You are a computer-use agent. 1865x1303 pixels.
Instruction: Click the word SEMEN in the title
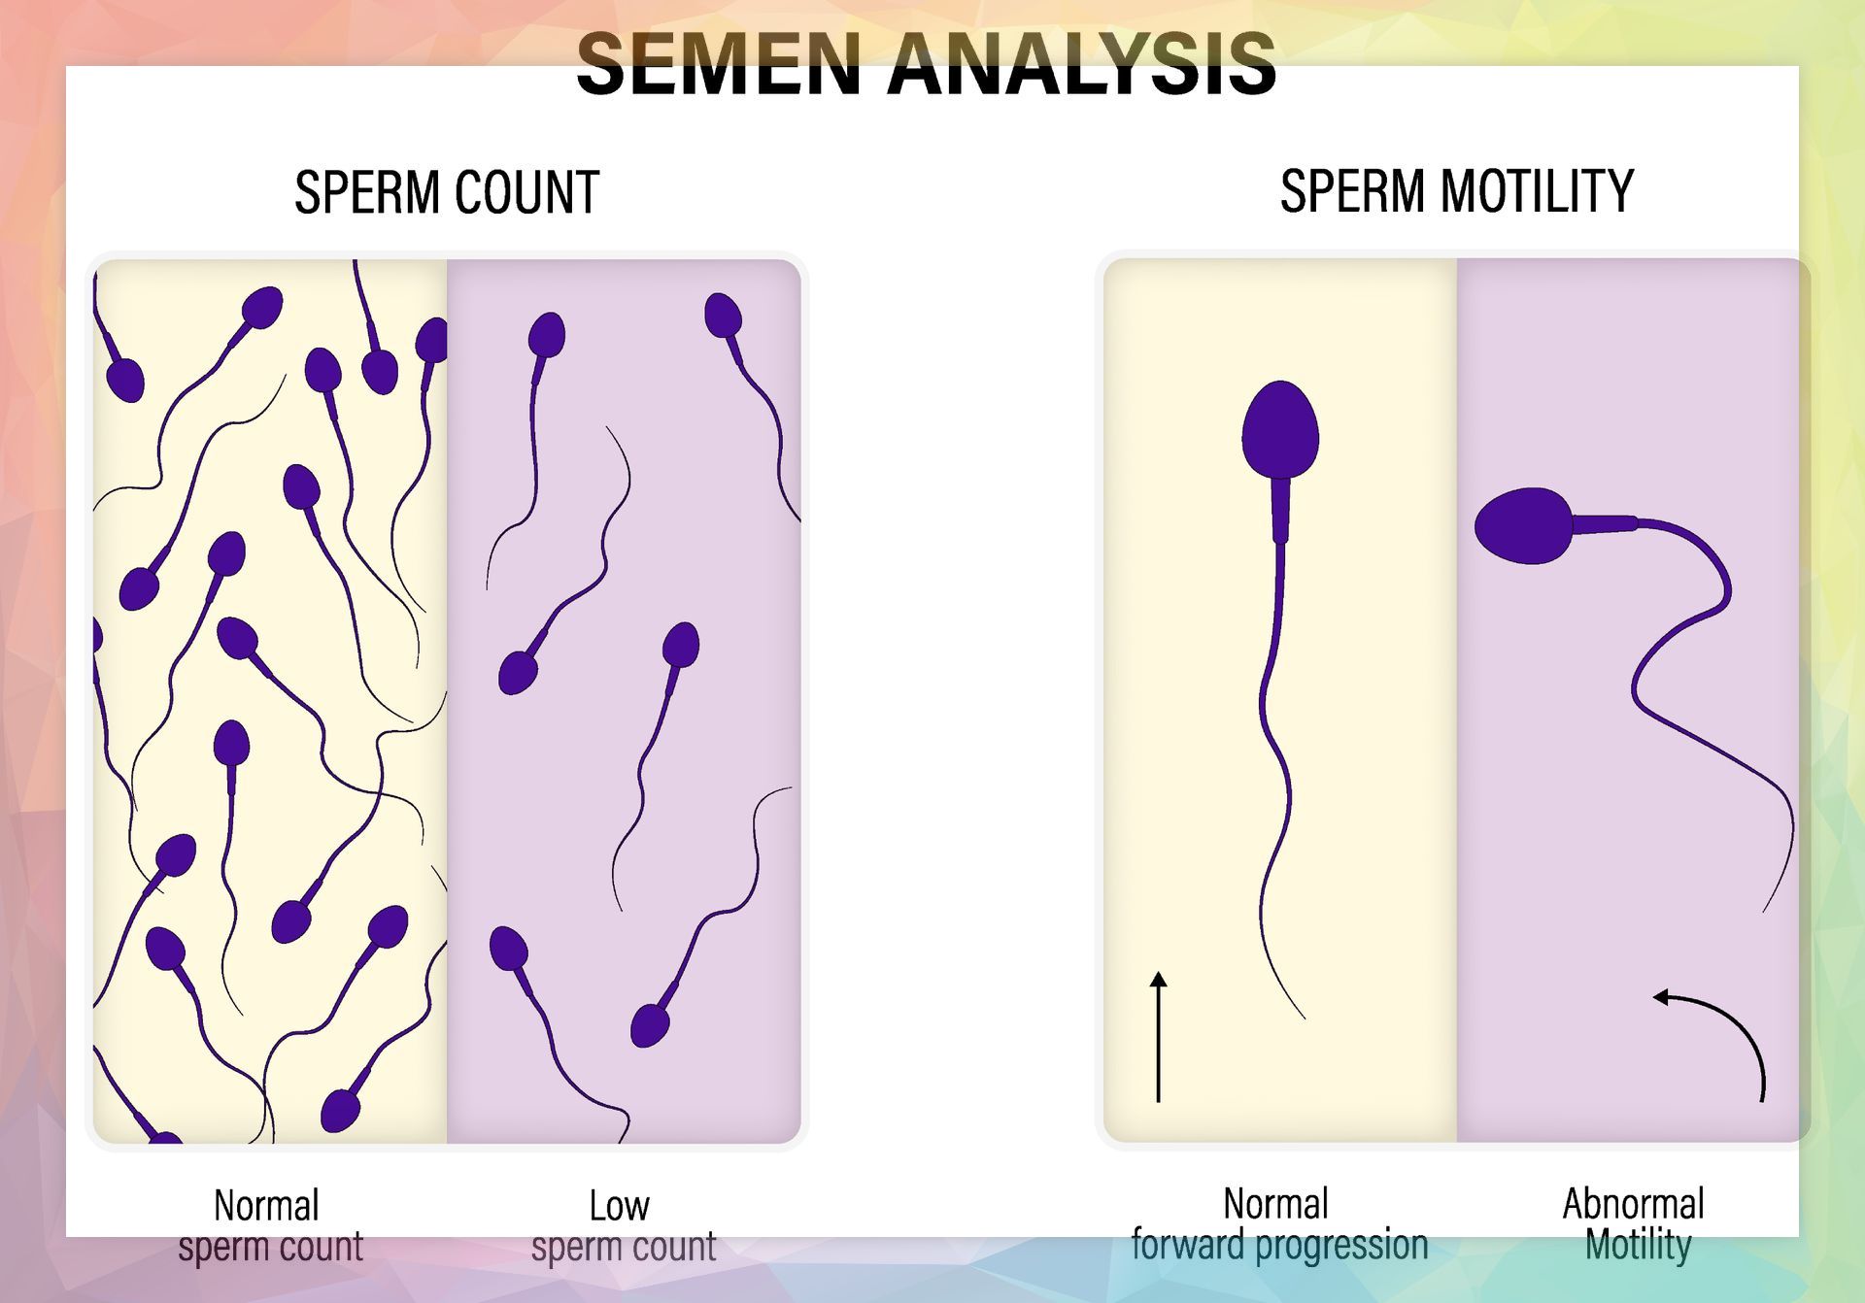pos(720,64)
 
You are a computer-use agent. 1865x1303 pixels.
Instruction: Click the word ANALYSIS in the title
pos(1081,64)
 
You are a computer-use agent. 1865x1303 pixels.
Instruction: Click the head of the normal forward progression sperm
pos(1280,429)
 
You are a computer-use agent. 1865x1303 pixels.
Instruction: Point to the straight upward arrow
pos(1158,1036)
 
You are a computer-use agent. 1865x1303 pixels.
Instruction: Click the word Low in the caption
pos(619,1206)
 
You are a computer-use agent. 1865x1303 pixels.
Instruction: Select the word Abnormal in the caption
pos(1633,1204)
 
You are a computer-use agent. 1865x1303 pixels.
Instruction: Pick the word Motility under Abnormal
pos(1638,1245)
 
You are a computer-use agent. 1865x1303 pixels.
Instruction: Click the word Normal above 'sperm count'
pos(266,1206)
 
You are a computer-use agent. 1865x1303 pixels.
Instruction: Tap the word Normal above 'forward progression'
pos(1275,1204)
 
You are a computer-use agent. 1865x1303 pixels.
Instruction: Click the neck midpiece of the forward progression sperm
pos(1280,510)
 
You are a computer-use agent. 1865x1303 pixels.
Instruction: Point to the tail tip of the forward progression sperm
pos(1304,1019)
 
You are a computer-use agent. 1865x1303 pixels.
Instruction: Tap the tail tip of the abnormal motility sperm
pos(1764,911)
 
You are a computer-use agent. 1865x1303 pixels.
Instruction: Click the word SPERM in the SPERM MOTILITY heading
pos(1356,190)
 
